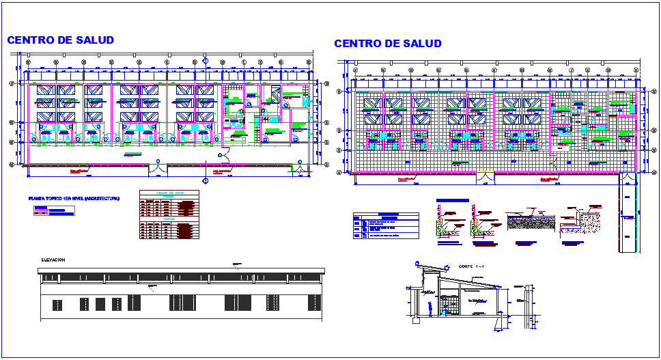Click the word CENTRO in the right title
[358, 44]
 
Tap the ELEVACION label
[53, 260]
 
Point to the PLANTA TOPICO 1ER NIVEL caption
[74, 198]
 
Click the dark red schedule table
[169, 215]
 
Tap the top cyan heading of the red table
[169, 193]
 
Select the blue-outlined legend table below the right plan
[386, 225]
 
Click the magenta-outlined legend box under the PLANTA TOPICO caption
[54, 210]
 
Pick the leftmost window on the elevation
[85, 303]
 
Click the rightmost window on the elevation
[313, 302]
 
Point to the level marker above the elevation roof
[237, 264]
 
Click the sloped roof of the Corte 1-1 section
[464, 277]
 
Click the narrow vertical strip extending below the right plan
[628, 215]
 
